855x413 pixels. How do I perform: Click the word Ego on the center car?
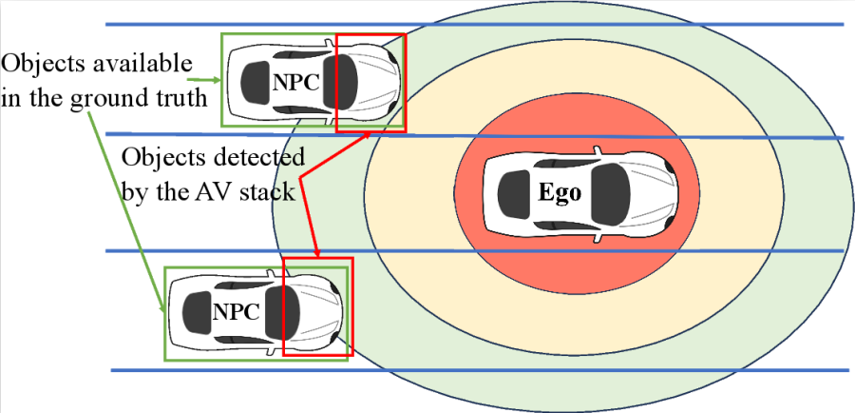click(x=559, y=191)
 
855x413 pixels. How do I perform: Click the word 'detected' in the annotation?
click(x=255, y=156)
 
